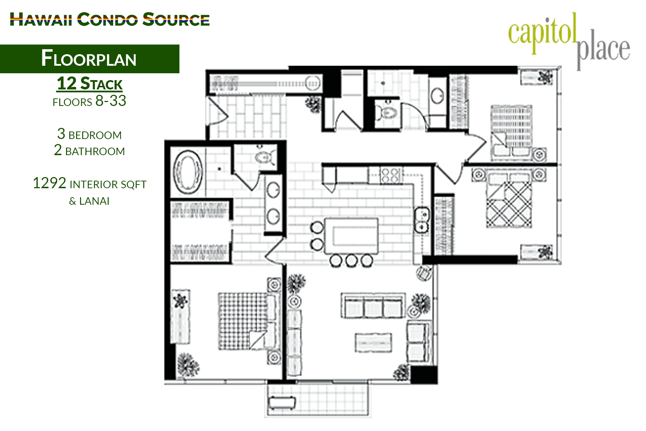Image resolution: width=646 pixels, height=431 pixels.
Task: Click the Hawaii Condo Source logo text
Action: pyautogui.click(x=109, y=19)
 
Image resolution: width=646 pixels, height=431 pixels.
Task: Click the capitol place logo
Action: pyautogui.click(x=569, y=40)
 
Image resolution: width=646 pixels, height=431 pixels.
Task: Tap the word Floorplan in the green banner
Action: pyautogui.click(x=89, y=59)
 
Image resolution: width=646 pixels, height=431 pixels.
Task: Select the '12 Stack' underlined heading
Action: pyautogui.click(x=90, y=84)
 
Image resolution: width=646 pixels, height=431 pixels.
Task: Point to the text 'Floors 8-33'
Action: pyautogui.click(x=89, y=101)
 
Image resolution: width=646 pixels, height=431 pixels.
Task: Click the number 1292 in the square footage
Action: pyautogui.click(x=50, y=184)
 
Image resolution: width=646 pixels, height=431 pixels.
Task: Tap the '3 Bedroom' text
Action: pyautogui.click(x=89, y=135)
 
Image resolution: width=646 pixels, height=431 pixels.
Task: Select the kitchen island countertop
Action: pyautogui.click(x=351, y=236)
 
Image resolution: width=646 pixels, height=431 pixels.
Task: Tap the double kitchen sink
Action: pyautogui.click(x=421, y=220)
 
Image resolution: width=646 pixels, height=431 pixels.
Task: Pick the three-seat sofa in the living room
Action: pyautogui.click(x=373, y=306)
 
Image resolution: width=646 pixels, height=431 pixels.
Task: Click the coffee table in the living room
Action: pyautogui.click(x=373, y=343)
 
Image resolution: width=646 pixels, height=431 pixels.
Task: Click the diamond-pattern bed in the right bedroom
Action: pyautogui.click(x=509, y=204)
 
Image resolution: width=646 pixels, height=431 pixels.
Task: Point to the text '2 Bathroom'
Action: pyautogui.click(x=89, y=151)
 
